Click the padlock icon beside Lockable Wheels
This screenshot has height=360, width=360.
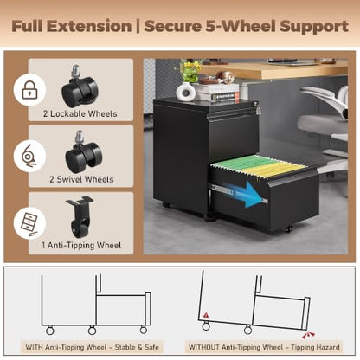tap(29, 90)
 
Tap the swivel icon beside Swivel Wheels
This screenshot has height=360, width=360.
tap(29, 156)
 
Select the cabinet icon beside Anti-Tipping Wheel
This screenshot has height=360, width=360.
tap(29, 225)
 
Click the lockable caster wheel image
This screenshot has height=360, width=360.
tap(80, 86)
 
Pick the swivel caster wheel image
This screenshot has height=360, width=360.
tap(83, 152)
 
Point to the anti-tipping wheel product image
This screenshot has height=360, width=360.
tap(79, 216)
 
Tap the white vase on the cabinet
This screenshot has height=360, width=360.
tap(185, 91)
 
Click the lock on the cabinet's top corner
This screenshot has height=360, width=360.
tap(256, 107)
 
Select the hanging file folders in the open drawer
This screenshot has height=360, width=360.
tap(259, 165)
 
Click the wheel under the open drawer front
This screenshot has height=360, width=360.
tap(288, 229)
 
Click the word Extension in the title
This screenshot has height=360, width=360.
tap(89, 26)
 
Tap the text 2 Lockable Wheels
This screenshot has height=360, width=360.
tap(80, 113)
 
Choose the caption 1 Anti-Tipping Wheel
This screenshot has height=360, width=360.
tap(81, 246)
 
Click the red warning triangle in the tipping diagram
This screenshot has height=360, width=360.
tap(206, 315)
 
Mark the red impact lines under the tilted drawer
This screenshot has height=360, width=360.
tap(308, 336)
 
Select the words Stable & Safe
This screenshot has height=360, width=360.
tap(137, 347)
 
